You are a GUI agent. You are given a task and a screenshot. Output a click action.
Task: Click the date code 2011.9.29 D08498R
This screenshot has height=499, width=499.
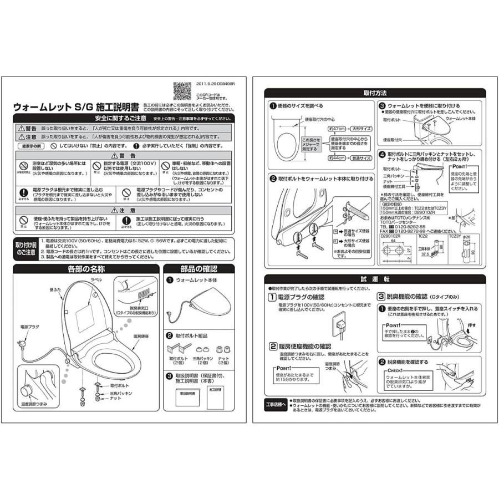[215, 84]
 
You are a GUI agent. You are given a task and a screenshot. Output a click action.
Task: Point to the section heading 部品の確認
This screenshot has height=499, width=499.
[198, 269]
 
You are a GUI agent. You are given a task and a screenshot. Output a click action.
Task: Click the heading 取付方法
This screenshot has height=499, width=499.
[374, 93]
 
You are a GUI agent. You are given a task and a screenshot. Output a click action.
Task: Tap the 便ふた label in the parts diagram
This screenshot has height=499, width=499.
[54, 289]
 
